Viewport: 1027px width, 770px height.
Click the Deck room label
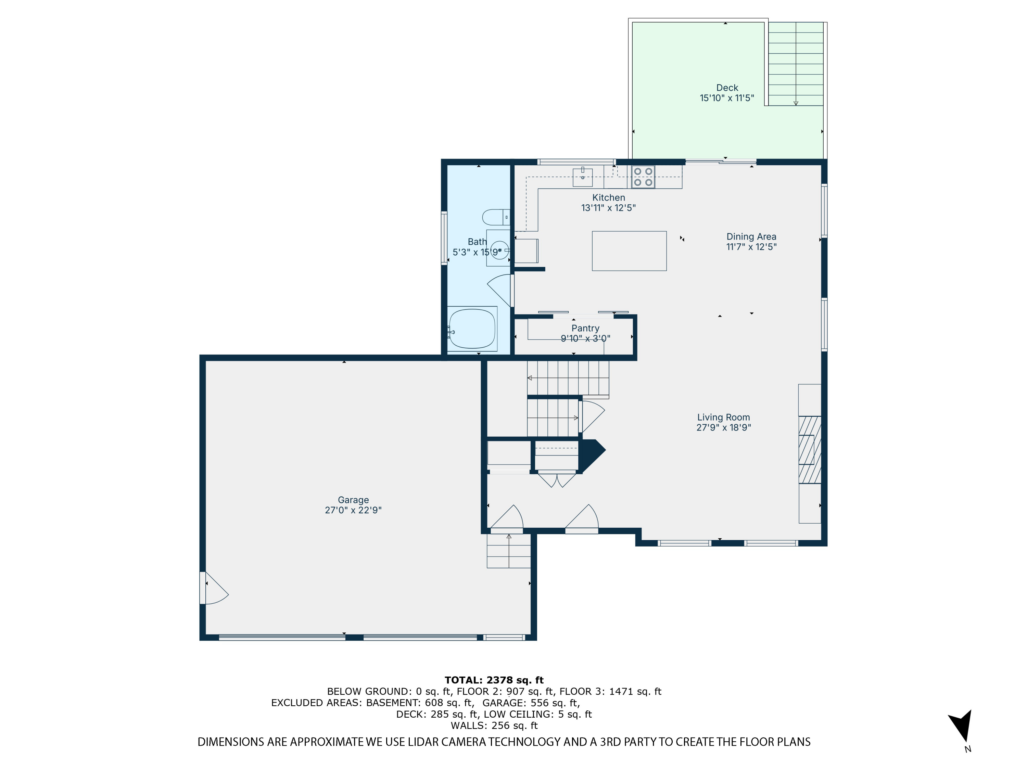(x=727, y=88)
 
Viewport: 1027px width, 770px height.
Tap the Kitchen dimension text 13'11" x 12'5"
(x=608, y=208)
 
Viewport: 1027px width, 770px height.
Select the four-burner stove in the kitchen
(x=643, y=177)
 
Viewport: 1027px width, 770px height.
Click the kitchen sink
(x=583, y=177)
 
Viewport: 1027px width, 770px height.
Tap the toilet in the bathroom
(x=496, y=217)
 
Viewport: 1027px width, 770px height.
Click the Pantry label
(x=585, y=328)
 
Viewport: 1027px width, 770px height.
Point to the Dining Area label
(x=751, y=237)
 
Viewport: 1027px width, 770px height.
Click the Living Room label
(x=723, y=417)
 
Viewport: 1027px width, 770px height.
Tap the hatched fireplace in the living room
(x=810, y=450)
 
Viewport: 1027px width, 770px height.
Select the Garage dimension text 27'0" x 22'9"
(x=353, y=510)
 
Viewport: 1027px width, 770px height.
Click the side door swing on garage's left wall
(x=215, y=588)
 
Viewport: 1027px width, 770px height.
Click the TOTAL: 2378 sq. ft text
(x=494, y=680)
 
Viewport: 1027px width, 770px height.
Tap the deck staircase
(x=796, y=64)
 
